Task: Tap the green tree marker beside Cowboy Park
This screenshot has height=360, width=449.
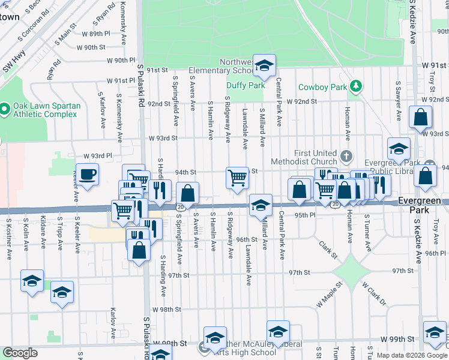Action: (356, 86)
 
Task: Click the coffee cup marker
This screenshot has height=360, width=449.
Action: (88, 174)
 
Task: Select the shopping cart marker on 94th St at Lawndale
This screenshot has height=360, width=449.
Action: (237, 178)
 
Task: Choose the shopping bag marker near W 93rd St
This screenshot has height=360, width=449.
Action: (421, 118)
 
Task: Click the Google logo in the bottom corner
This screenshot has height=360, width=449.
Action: (20, 353)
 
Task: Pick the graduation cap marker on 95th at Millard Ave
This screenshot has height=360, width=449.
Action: (261, 205)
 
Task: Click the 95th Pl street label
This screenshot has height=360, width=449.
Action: (305, 215)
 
